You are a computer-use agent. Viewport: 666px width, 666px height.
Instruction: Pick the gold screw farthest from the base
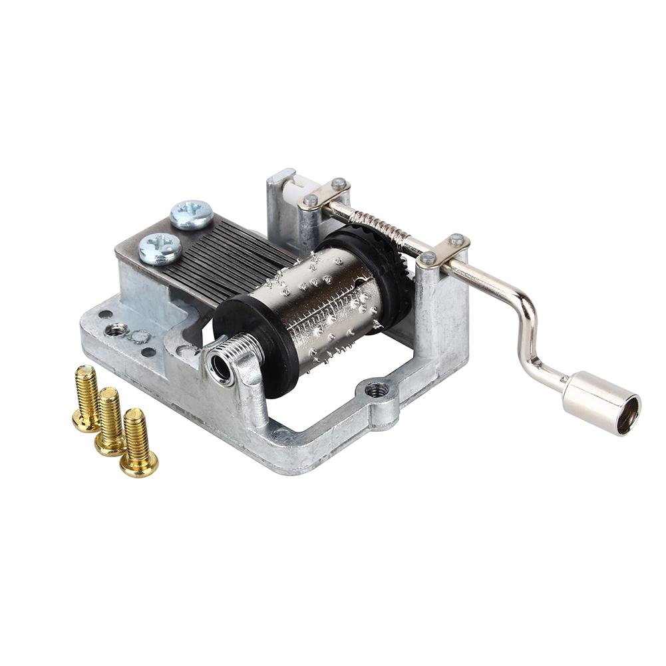click(x=87, y=399)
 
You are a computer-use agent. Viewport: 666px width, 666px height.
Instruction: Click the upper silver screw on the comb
click(x=192, y=214)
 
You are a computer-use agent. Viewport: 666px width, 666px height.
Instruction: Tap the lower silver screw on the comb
click(x=160, y=248)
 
